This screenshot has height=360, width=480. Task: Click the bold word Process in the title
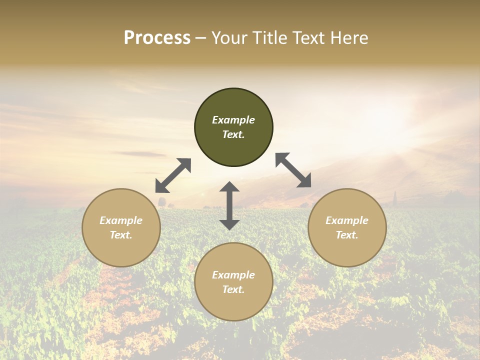(x=157, y=38)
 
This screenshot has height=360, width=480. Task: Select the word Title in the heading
(x=269, y=38)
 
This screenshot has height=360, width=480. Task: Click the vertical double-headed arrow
(x=229, y=205)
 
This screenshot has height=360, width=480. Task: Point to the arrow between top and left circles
(x=173, y=175)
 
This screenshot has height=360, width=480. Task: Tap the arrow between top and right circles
(x=293, y=170)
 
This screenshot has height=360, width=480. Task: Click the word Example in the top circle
(x=233, y=120)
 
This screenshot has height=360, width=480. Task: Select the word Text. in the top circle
(x=233, y=134)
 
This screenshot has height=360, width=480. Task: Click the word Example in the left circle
(x=121, y=220)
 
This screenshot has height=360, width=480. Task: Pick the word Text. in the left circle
(x=121, y=235)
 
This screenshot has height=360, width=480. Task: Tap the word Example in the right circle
(x=347, y=220)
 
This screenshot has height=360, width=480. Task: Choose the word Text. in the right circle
(x=347, y=235)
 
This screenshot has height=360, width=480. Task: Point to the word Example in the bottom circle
(x=233, y=275)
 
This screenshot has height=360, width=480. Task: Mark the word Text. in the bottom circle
(x=233, y=289)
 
